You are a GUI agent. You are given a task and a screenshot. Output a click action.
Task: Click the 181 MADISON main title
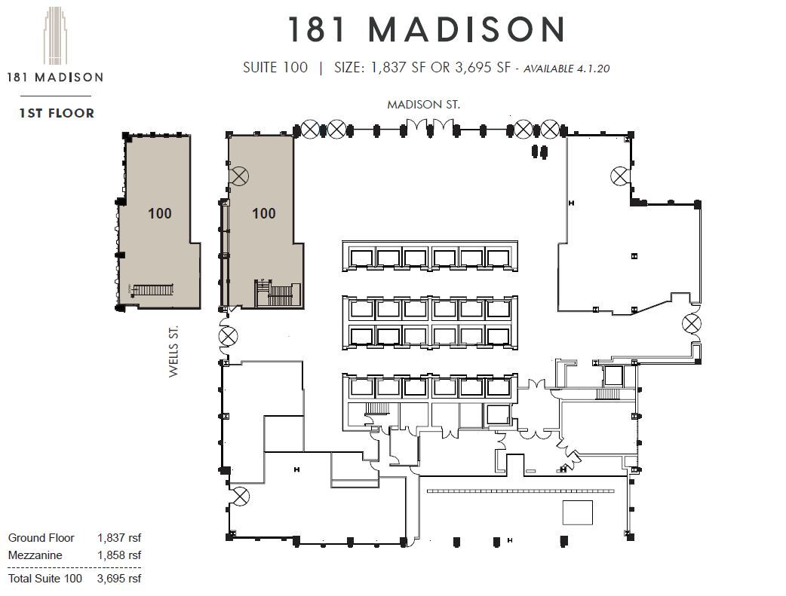pyautogui.click(x=427, y=30)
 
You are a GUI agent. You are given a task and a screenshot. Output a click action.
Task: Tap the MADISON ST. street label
pyautogui.click(x=422, y=105)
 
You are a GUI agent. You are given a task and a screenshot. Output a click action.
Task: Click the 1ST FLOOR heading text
pyautogui.click(x=57, y=113)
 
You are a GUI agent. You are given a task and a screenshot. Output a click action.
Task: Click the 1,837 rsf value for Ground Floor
pyautogui.click(x=118, y=538)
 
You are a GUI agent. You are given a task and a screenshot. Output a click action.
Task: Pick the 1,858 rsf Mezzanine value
pyautogui.click(x=118, y=555)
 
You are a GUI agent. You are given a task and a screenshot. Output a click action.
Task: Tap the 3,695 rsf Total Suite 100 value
pyautogui.click(x=118, y=579)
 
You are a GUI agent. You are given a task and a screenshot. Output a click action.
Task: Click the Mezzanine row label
pyautogui.click(x=35, y=555)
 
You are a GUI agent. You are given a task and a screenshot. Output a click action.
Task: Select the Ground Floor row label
pyautogui.click(x=41, y=538)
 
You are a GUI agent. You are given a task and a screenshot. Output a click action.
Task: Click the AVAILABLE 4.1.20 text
pyautogui.click(x=566, y=68)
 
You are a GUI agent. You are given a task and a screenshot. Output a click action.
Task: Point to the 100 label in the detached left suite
pyautogui.click(x=160, y=213)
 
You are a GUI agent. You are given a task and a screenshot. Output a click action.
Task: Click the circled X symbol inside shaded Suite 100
pyautogui.click(x=239, y=176)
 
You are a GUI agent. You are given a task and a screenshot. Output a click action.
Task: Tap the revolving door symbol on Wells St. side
pyautogui.click(x=227, y=336)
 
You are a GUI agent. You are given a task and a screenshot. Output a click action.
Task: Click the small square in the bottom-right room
pyautogui.click(x=578, y=513)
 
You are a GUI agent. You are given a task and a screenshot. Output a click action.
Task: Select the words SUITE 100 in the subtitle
pyautogui.click(x=275, y=67)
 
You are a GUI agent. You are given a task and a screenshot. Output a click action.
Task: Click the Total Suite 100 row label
pyautogui.click(x=45, y=579)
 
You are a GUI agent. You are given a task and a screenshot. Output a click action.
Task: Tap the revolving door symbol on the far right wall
pyautogui.click(x=692, y=324)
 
